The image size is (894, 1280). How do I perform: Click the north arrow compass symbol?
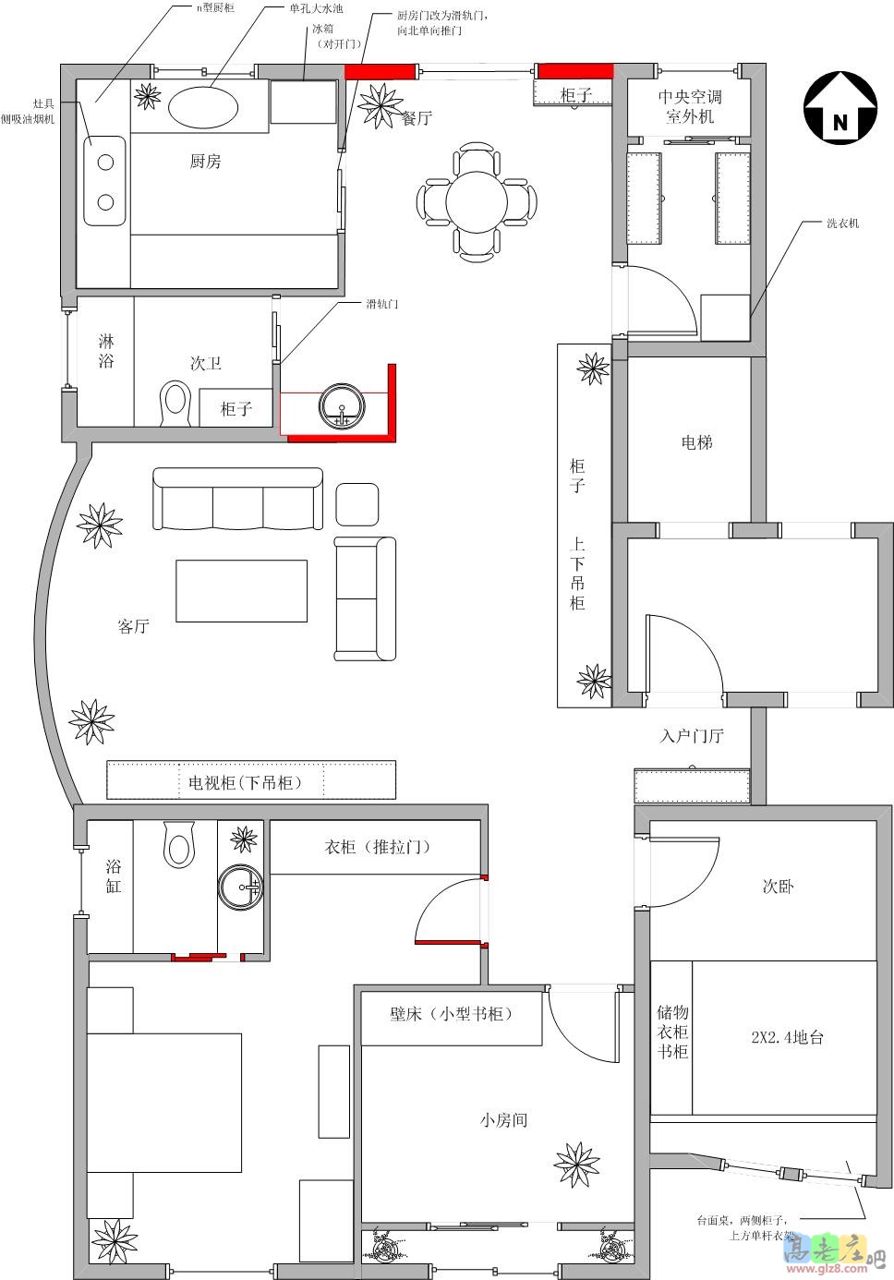840,108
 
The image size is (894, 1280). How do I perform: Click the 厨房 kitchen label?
205,162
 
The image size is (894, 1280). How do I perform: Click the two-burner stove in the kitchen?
105,180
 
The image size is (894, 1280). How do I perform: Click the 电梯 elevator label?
696,442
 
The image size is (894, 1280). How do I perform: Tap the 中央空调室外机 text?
690,106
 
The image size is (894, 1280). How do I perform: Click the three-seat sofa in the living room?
238,500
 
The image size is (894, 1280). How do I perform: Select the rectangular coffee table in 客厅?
242,591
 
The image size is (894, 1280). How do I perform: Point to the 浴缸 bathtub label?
113,876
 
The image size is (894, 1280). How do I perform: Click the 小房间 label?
503,1120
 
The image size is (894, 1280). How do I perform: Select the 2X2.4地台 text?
787,1037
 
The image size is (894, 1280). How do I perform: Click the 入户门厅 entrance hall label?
692,736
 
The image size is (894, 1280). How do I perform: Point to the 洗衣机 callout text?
842,223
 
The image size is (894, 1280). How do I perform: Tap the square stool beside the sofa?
356,504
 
